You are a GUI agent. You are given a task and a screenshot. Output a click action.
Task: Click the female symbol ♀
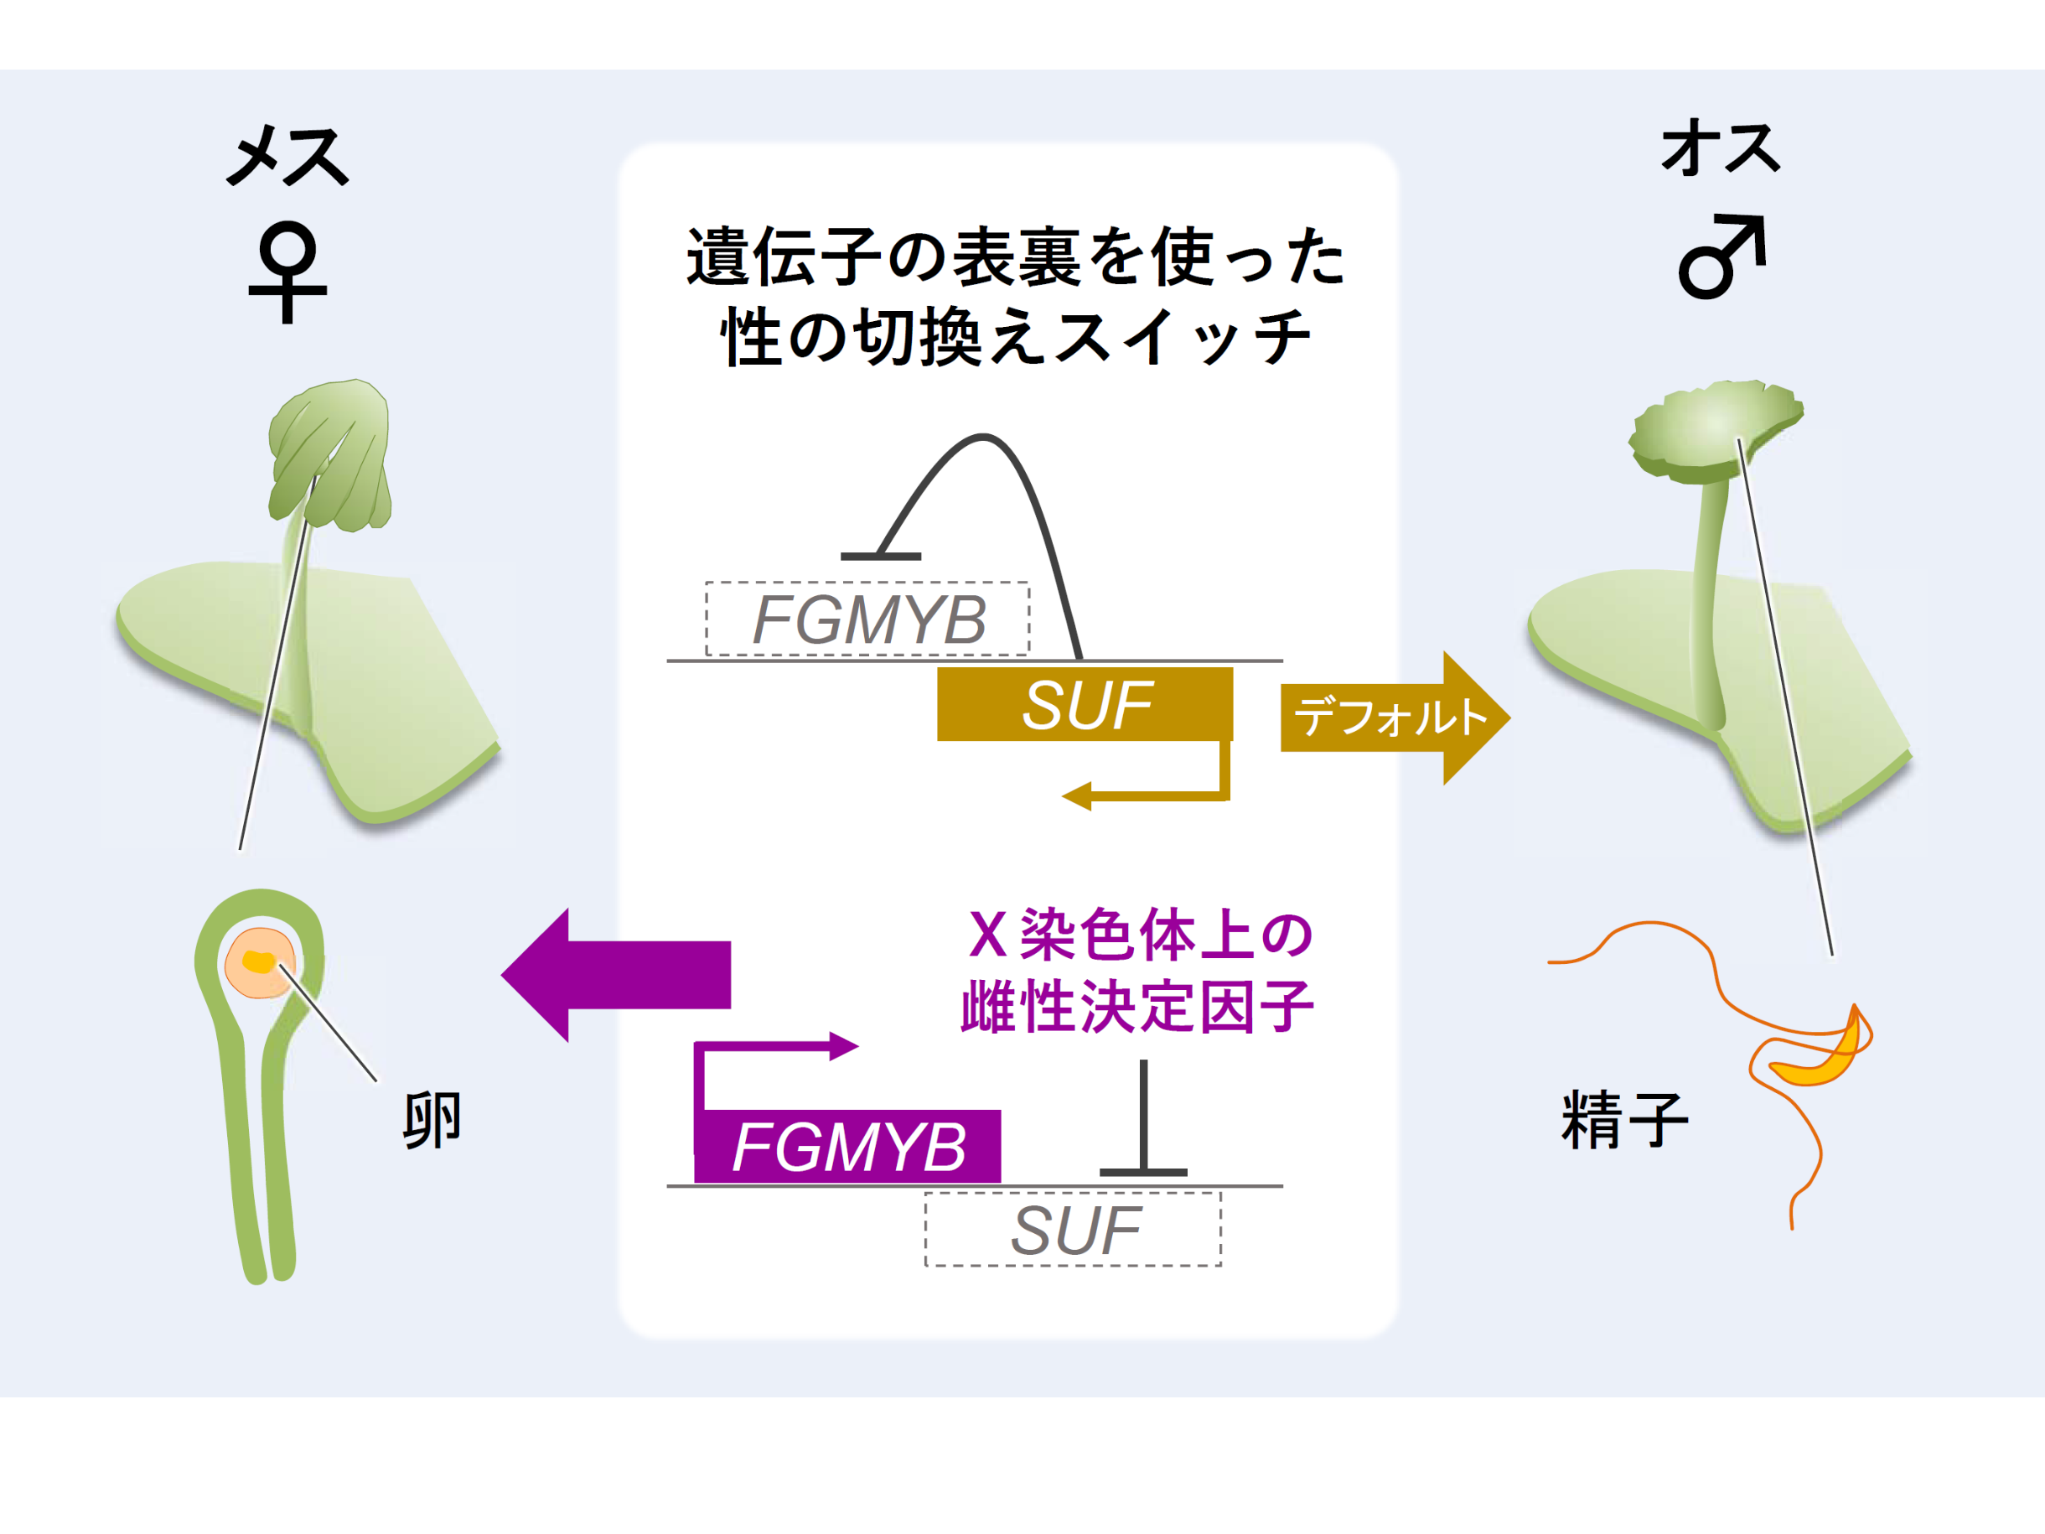coord(287,271)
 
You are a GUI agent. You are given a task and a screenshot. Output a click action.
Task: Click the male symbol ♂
coord(1721,257)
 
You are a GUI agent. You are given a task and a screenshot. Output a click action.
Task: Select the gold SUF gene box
coord(1085,705)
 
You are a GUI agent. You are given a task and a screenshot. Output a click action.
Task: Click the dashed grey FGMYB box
coord(867,619)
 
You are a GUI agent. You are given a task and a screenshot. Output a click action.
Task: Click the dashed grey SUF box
coord(1074,1230)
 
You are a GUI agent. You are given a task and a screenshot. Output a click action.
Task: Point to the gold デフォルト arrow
coord(1392,718)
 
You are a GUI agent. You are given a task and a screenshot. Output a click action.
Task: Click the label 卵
coord(432,1120)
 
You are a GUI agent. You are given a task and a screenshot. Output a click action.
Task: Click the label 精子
coord(1623,1120)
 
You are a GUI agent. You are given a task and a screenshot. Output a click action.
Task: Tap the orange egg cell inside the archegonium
coord(260,963)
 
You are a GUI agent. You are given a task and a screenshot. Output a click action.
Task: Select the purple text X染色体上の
coord(1141,934)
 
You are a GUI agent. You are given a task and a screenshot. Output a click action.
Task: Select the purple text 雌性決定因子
coord(1137,1006)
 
